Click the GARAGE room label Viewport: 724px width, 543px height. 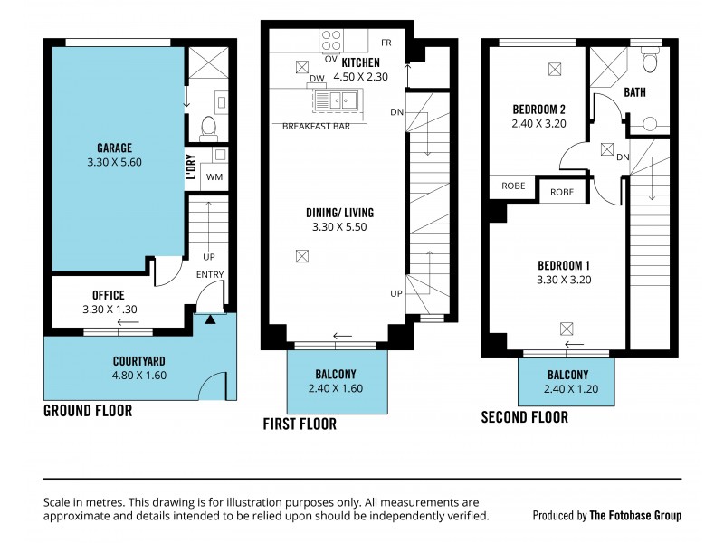point(115,148)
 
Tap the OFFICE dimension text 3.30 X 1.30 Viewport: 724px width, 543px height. point(108,310)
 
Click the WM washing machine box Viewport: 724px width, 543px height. point(214,176)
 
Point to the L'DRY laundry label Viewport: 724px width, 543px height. point(192,169)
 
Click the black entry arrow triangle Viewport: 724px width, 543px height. point(210,319)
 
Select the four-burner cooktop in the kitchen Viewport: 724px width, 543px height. point(331,40)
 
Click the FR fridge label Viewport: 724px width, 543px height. point(386,43)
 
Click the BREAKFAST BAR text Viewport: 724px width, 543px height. point(316,127)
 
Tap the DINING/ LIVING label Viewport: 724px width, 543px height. point(339,213)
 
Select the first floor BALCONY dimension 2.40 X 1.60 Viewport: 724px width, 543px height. point(337,389)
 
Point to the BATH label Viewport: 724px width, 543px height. point(635,92)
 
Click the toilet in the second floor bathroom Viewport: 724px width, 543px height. point(648,61)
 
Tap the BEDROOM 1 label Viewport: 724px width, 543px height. point(564,264)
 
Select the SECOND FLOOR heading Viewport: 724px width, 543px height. point(524,417)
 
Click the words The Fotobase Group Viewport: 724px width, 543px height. point(635,516)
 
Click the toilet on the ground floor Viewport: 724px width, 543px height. point(206,127)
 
